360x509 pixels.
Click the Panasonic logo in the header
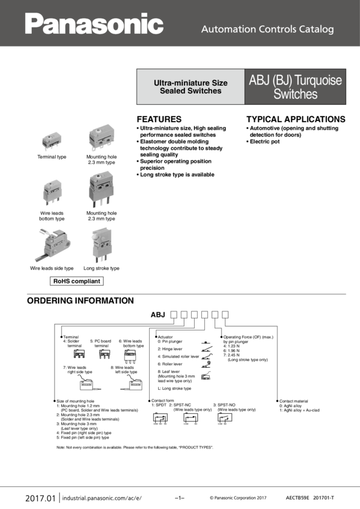tap(94, 25)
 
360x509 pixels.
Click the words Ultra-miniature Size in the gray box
tap(190, 83)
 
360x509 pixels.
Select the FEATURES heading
tap(159, 119)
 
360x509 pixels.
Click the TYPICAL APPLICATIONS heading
tap(296, 119)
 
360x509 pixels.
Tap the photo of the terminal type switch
tap(52, 140)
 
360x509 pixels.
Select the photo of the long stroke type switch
tap(101, 245)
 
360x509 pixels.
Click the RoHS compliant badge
tap(77, 280)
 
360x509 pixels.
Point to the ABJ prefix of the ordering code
tap(158, 314)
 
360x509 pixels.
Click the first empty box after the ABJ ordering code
tap(174, 314)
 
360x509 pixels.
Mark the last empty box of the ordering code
tap(225, 314)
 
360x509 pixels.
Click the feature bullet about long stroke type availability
tap(177, 174)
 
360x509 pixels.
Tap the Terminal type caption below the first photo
tap(52, 157)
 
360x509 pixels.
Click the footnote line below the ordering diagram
tap(135, 447)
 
